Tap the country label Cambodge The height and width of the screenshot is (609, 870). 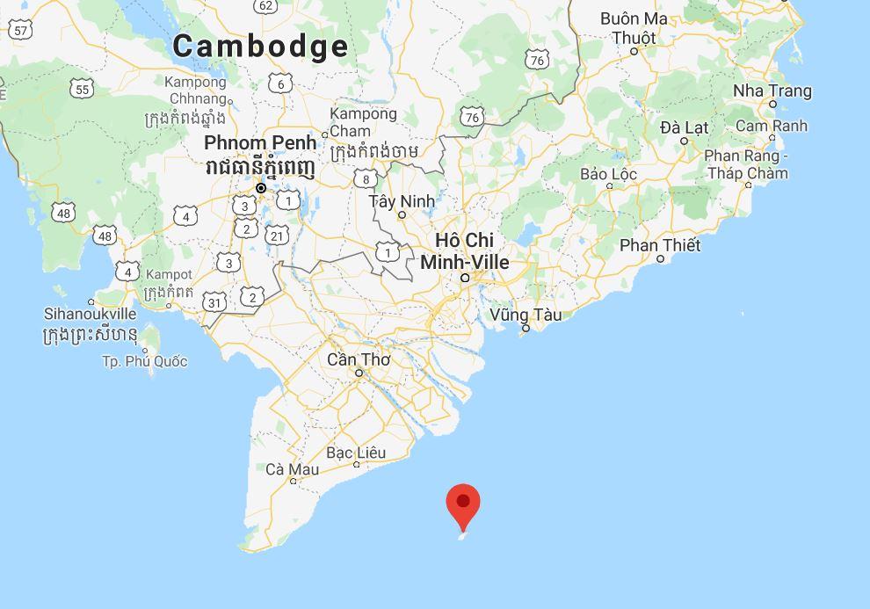(x=260, y=46)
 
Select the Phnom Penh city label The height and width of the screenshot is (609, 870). (x=259, y=142)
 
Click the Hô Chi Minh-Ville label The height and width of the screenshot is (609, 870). (x=465, y=251)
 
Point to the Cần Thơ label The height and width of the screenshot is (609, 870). (x=358, y=359)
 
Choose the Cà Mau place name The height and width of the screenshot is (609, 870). (x=292, y=469)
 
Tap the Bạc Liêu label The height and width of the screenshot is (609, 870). (x=356, y=453)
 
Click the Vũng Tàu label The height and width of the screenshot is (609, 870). (x=526, y=315)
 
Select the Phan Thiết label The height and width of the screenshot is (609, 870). (x=660, y=245)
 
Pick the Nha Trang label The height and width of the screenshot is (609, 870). (x=772, y=91)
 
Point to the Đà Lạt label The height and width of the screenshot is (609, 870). (x=684, y=127)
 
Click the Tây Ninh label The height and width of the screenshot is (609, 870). (x=402, y=201)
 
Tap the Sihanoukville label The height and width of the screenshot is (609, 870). (x=91, y=314)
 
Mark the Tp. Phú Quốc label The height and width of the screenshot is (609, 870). (x=145, y=361)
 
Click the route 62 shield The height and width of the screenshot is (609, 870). (x=265, y=6)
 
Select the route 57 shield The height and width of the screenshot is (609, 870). (x=22, y=31)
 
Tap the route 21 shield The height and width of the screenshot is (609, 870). (x=278, y=235)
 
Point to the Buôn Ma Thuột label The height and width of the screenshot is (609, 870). (x=634, y=28)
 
